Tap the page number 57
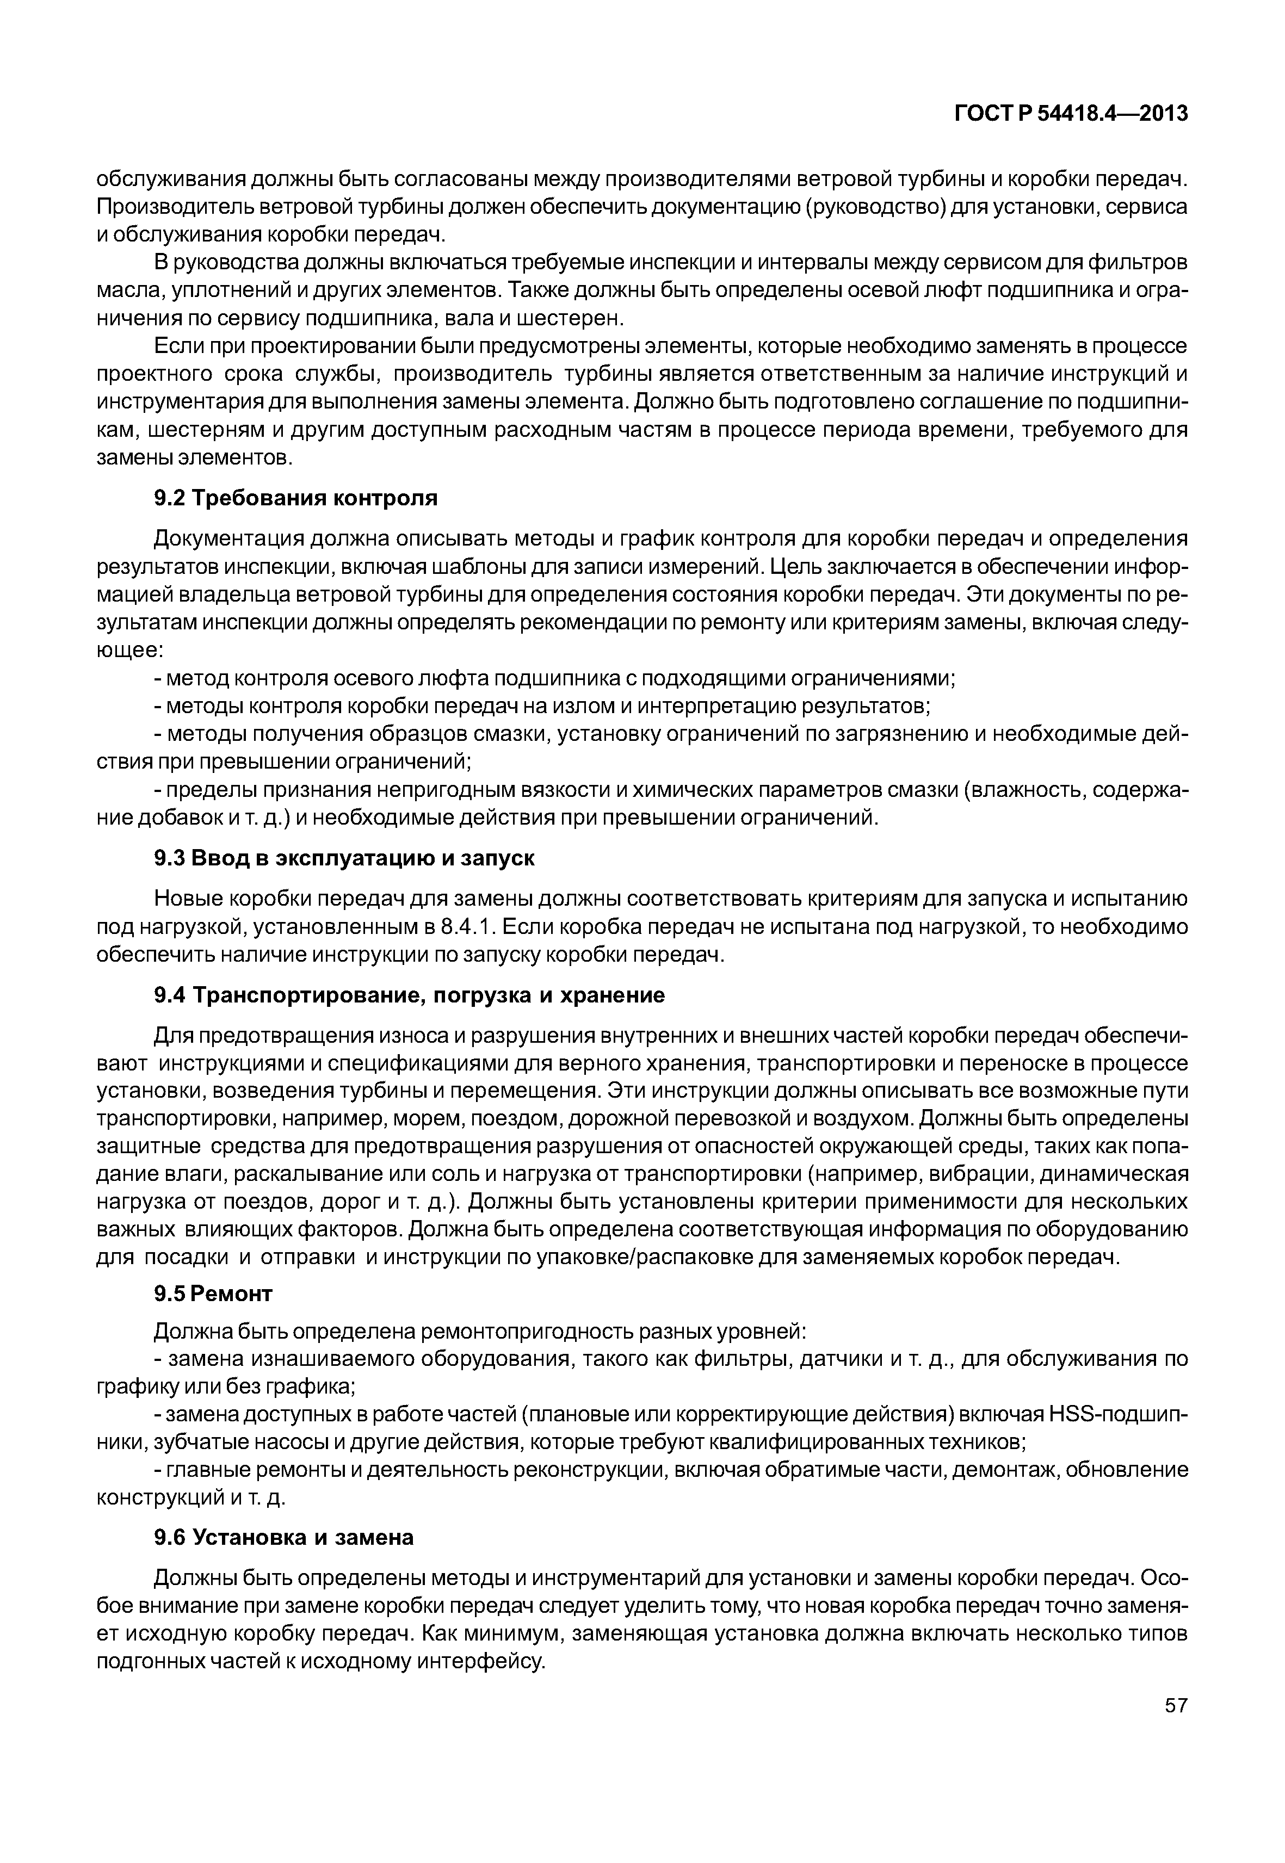tap(1176, 1728)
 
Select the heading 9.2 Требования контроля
tap(295, 498)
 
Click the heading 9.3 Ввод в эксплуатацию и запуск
tap(344, 858)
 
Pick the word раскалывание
tap(320, 1174)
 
